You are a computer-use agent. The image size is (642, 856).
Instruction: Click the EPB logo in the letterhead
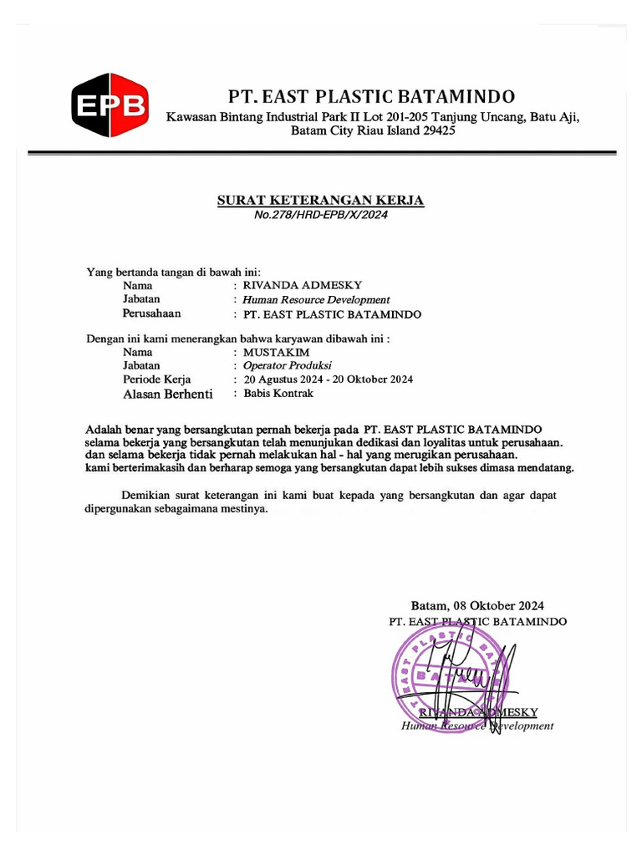110,104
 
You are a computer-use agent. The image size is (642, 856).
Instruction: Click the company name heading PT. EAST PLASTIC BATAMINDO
372,96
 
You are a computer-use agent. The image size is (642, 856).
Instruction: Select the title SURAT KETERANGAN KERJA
321,201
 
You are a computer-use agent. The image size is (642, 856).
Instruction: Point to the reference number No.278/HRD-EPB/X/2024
321,215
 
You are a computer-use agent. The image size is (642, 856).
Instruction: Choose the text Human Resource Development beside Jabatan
316,299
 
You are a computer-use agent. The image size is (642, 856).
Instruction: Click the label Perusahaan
152,314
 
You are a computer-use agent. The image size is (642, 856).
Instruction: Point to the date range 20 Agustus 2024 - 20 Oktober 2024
328,380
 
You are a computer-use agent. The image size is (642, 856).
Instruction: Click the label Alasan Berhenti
168,394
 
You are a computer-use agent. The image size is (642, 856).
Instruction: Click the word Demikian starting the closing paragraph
145,495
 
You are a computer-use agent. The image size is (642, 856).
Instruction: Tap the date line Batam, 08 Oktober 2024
477,606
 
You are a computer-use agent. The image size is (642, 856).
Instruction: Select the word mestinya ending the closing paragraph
245,508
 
